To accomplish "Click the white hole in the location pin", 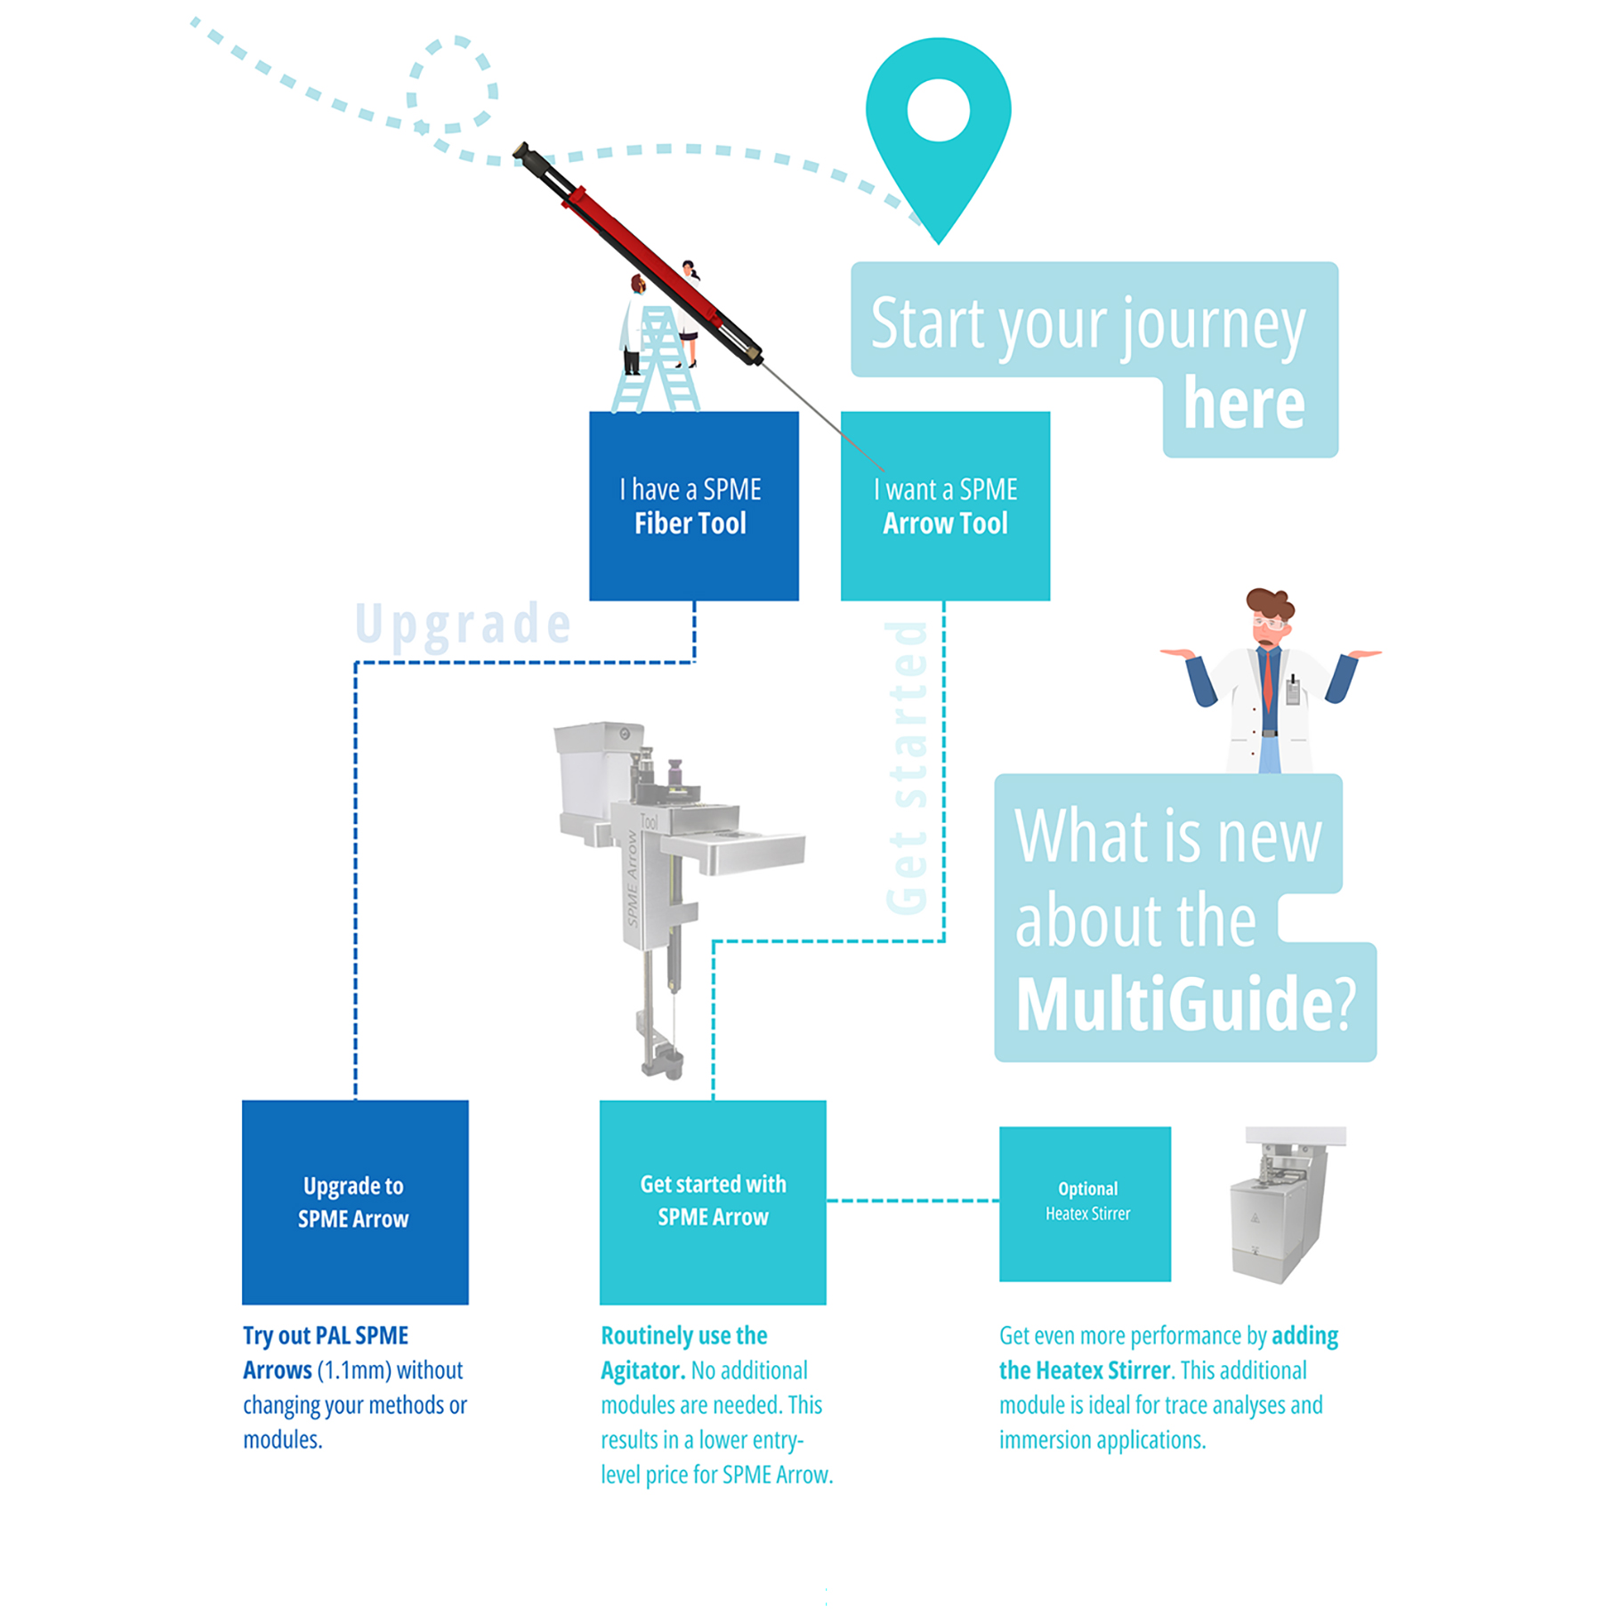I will (937, 110).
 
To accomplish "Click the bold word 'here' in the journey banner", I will (1243, 405).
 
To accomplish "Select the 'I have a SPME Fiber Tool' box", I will (693, 505).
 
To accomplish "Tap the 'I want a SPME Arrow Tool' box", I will (944, 505).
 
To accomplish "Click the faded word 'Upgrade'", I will (463, 624).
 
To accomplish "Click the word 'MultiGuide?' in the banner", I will (1183, 1005).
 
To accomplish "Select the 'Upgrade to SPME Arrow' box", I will (355, 1201).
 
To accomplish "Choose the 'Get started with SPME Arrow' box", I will (712, 1201).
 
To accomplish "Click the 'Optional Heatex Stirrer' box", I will (1084, 1203).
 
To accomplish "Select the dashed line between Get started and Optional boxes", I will (911, 1200).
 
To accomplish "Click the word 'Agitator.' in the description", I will (642, 1370).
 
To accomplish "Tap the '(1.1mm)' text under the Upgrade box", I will (353, 1370).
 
